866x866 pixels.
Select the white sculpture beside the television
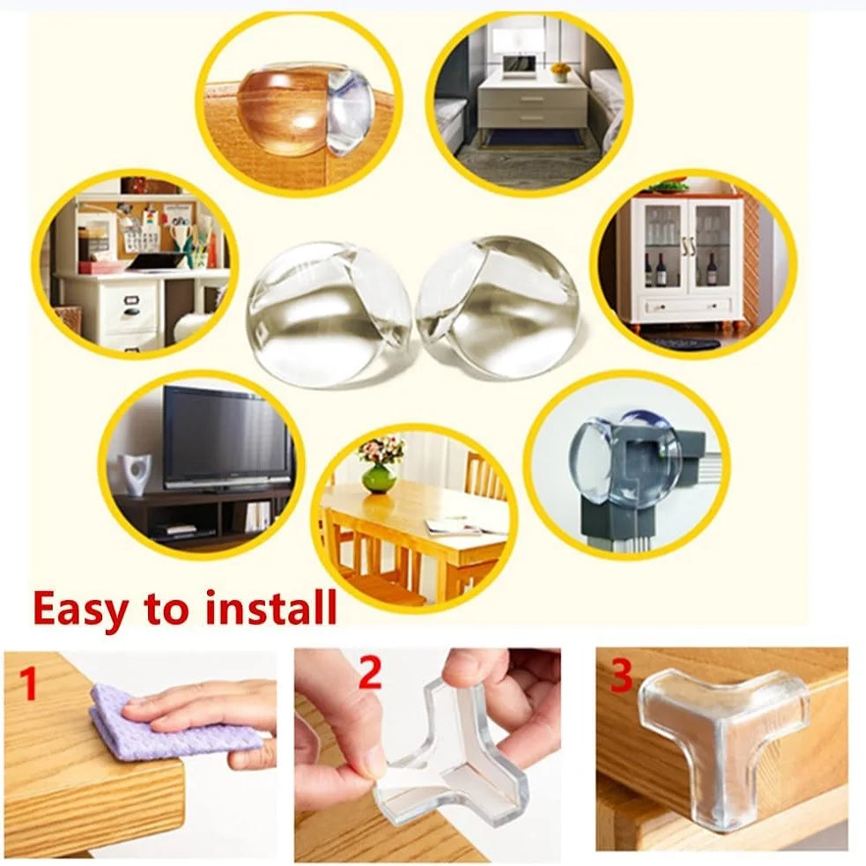click(x=137, y=473)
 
